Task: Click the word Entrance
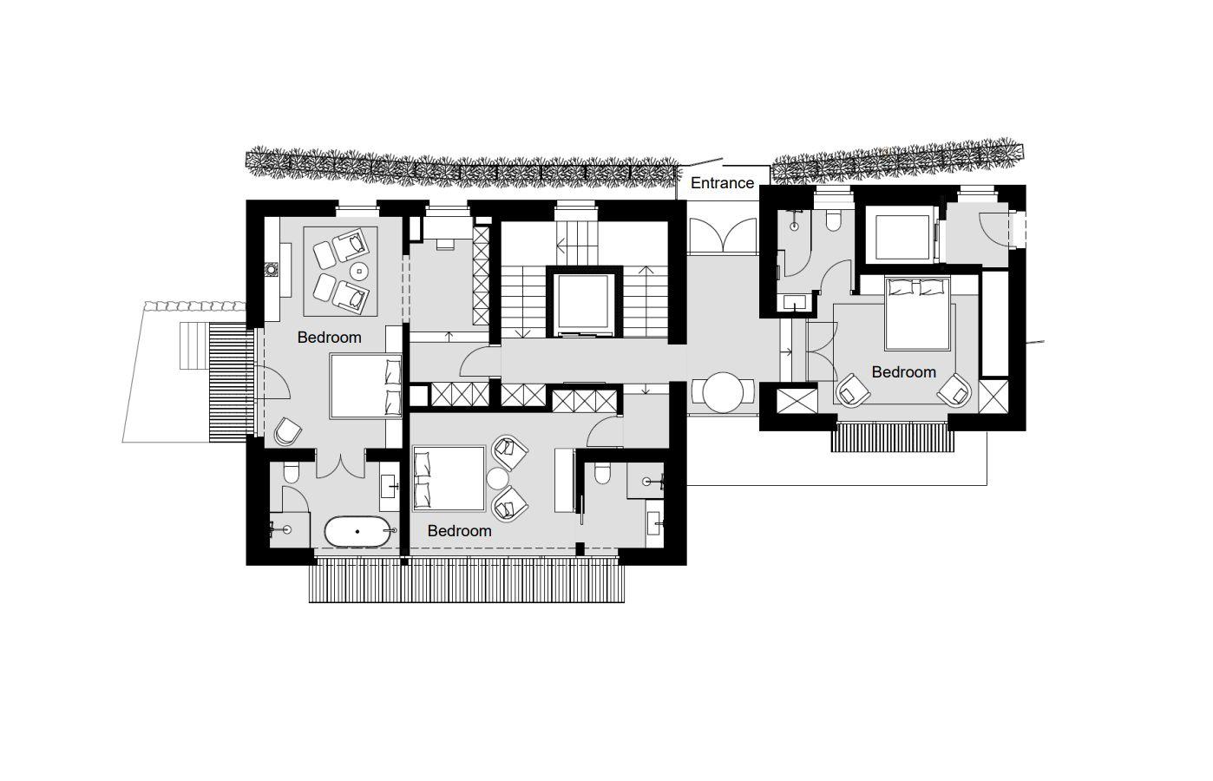coord(722,183)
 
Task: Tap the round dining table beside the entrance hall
coord(724,393)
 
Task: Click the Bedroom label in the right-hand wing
coord(903,372)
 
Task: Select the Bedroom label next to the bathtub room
coord(459,531)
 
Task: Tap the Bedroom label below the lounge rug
coord(329,338)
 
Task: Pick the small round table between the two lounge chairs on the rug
coord(358,272)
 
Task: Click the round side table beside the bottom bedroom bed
coord(496,478)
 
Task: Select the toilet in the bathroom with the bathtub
coord(291,472)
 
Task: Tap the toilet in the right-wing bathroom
coord(834,220)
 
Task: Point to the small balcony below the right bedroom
coord(893,437)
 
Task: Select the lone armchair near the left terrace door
coord(287,431)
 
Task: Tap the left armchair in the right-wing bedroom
coord(851,390)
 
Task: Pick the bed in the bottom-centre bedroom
coord(449,479)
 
